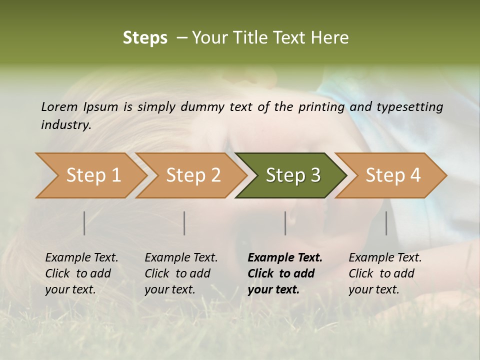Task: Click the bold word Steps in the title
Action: tap(145, 38)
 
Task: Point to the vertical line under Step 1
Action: tap(84, 223)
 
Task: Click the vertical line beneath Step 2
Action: tap(184, 223)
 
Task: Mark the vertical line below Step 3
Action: tap(285, 223)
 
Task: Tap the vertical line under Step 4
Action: tap(386, 223)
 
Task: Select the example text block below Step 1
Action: tap(81, 273)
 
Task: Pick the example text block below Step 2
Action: tap(181, 273)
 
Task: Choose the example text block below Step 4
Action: tap(385, 273)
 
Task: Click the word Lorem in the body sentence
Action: tap(59, 107)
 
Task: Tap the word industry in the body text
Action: tap(65, 125)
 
